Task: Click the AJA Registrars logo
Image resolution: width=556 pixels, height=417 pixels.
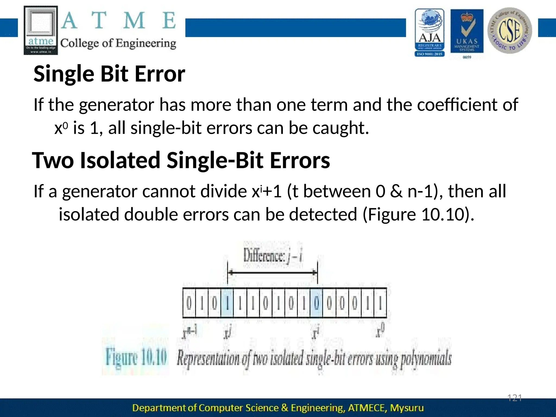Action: (x=429, y=32)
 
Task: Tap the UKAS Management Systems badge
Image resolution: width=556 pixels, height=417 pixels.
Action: (x=467, y=32)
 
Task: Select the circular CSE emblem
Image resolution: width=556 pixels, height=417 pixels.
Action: (x=510, y=30)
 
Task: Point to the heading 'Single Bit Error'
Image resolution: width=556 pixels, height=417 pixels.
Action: (x=109, y=74)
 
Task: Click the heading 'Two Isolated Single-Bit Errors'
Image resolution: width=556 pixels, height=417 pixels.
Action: (x=181, y=160)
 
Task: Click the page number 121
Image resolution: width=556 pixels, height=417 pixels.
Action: (x=515, y=398)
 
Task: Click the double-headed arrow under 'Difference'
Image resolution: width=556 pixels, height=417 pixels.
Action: (x=272, y=273)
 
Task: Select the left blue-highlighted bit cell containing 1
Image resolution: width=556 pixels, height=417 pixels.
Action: (x=227, y=303)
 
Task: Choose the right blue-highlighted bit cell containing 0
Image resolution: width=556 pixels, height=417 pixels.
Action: (x=316, y=303)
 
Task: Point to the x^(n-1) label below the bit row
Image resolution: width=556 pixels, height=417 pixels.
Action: (x=189, y=333)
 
